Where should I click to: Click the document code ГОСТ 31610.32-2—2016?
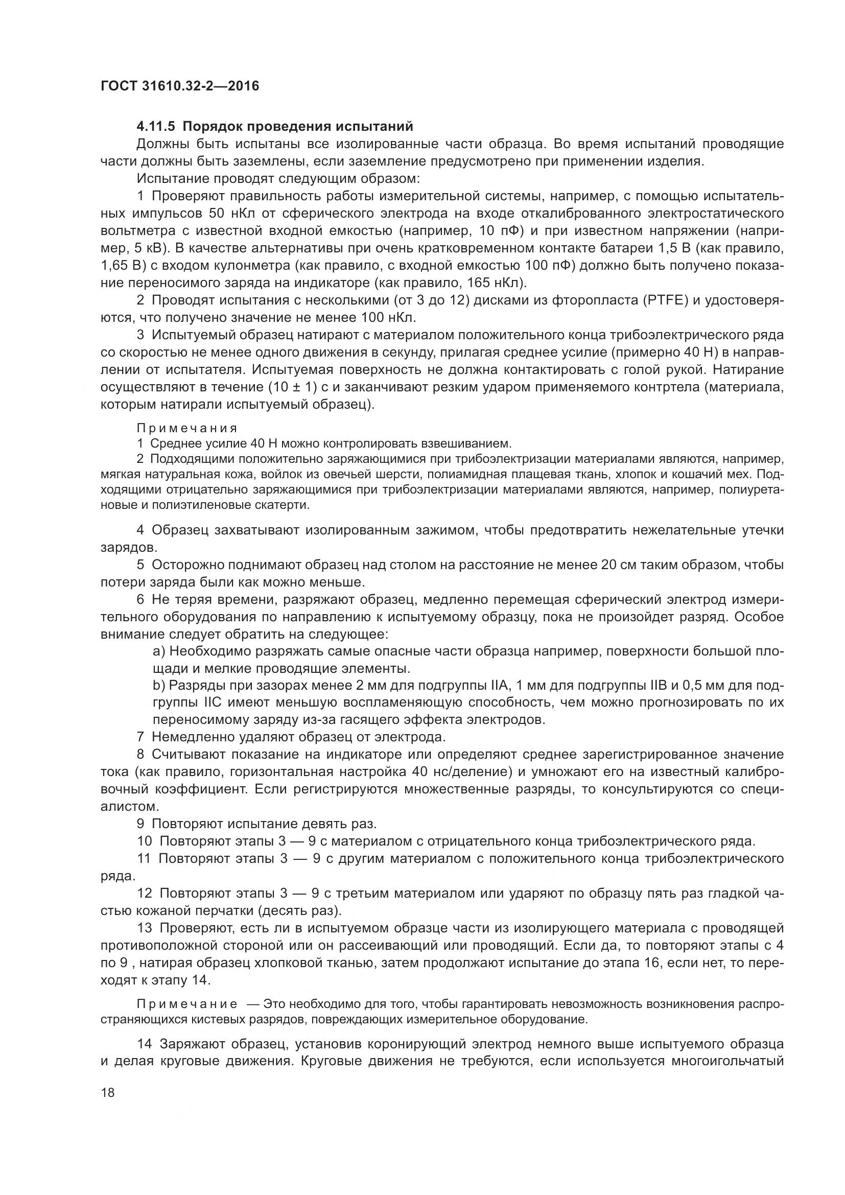[179, 86]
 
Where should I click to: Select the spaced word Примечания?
[187, 428]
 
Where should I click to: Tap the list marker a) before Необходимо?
[159, 651]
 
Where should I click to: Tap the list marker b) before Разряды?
[159, 686]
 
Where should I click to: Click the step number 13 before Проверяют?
[145, 928]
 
